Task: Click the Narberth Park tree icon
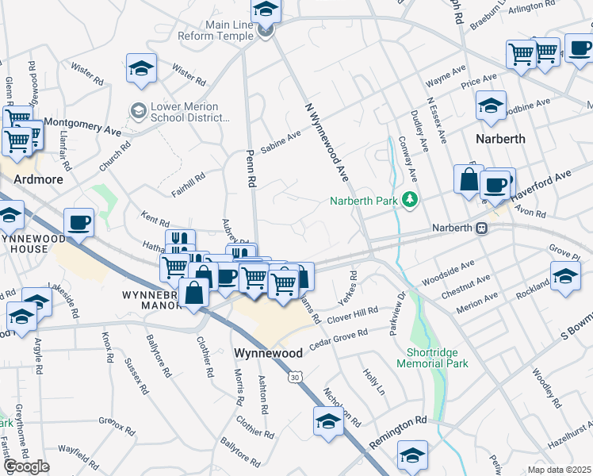410,199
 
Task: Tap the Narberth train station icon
481,228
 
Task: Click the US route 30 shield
294,379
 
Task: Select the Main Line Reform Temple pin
266,31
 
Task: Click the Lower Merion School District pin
139,109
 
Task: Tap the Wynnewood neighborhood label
265,351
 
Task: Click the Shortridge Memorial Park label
437,358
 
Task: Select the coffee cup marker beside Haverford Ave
495,185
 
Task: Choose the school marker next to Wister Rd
141,68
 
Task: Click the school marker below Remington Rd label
412,455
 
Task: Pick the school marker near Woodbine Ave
491,106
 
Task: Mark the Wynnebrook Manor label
153,299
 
